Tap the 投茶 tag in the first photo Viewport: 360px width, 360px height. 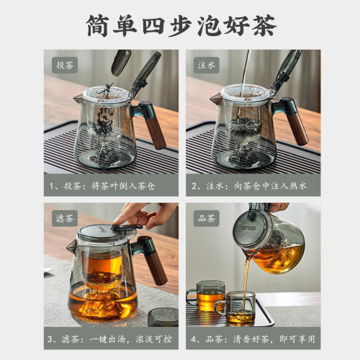click(63, 65)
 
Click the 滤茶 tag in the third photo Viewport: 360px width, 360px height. click(63, 217)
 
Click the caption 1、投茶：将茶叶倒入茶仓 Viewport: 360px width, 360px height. click(108, 185)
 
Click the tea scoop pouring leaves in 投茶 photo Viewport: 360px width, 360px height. click(120, 63)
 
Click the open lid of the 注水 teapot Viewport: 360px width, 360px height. click(289, 68)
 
